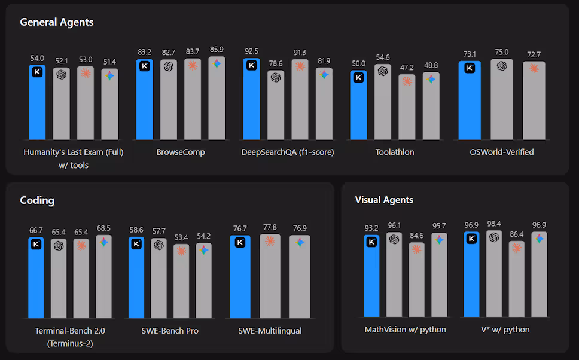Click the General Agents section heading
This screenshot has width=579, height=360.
[x=57, y=22]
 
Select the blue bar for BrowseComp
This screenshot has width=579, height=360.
[x=144, y=102]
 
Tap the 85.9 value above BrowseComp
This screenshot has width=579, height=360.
[x=217, y=49]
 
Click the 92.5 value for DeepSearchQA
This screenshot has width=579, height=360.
[x=251, y=51]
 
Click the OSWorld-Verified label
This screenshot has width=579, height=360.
[x=502, y=152]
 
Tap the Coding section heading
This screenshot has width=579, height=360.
[x=37, y=200]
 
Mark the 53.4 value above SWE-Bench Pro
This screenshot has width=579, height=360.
[x=181, y=237]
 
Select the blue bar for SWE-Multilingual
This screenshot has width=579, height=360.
[x=240, y=278]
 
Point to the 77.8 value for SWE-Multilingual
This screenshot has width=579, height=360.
[x=270, y=227]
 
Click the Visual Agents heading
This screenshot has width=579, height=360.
[x=384, y=200]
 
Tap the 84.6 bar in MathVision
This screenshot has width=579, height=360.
[x=417, y=281]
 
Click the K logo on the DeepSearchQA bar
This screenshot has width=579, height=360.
[x=251, y=66]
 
